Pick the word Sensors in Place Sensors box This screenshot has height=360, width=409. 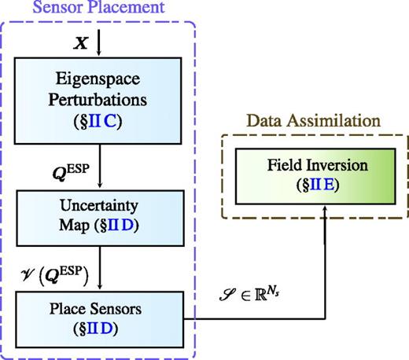coord(116,306)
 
